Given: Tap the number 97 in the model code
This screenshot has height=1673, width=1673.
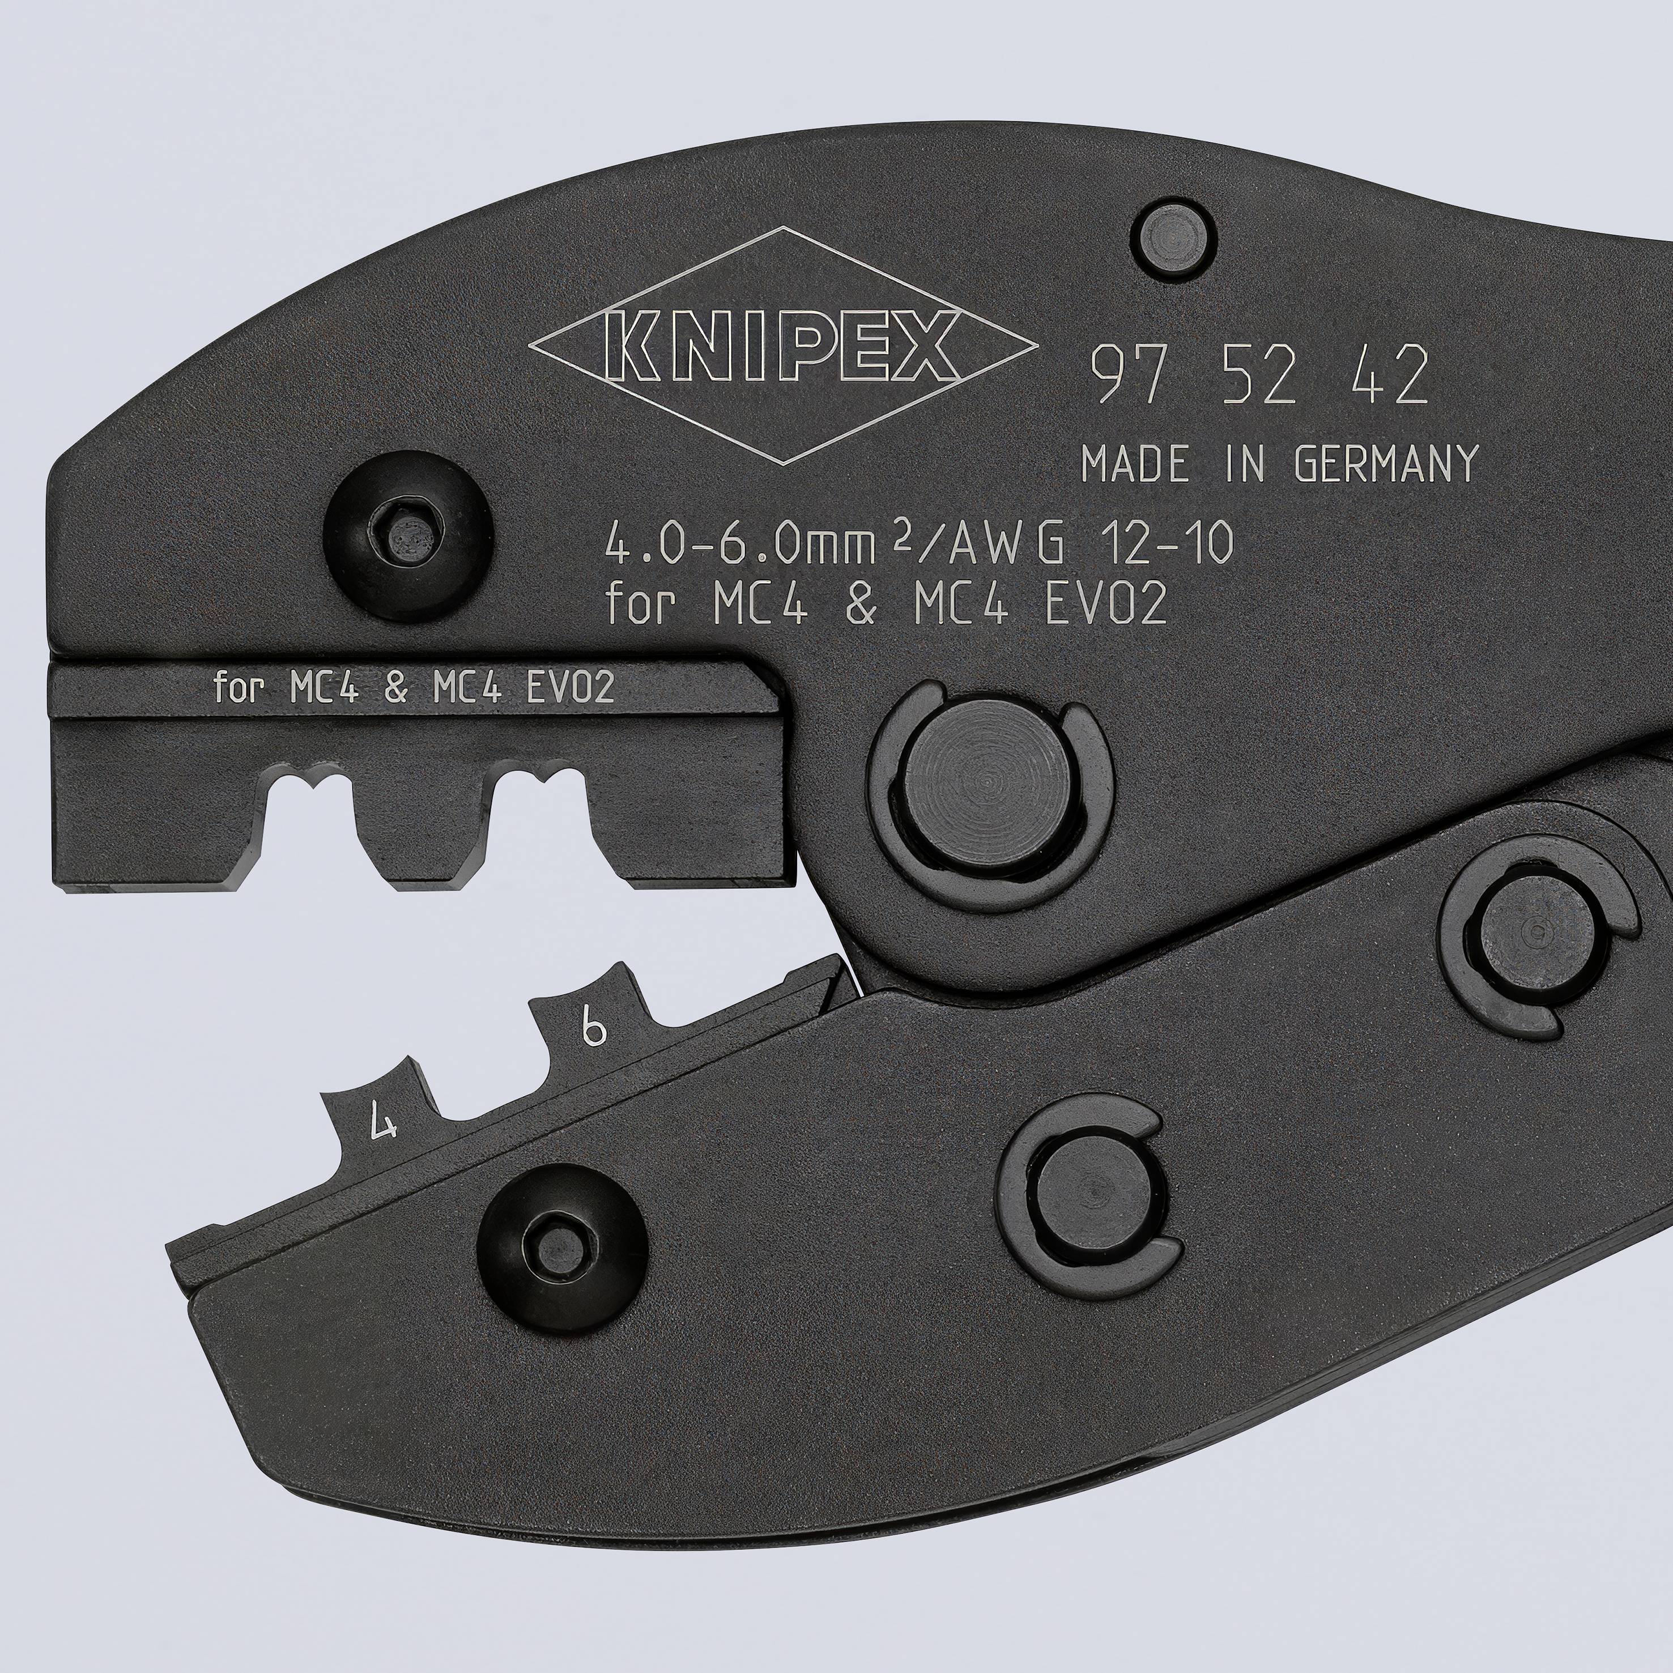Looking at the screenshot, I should [x=1125, y=375].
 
